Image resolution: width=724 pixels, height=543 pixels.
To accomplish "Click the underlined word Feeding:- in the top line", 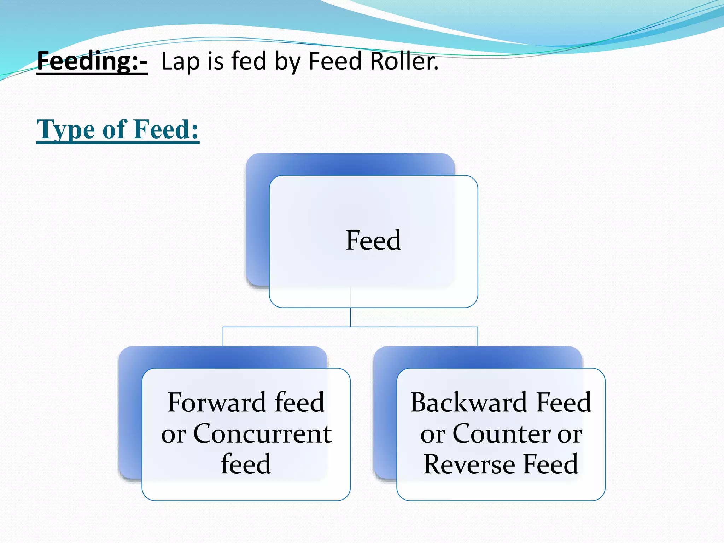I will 92,61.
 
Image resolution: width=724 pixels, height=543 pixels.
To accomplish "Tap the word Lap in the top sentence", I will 180,62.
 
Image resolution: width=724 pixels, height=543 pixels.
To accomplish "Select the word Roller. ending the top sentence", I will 404,61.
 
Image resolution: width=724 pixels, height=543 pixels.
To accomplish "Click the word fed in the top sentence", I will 249,61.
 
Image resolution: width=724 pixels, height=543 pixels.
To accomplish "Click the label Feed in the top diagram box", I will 373,240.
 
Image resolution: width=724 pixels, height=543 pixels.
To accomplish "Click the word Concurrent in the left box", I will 262,433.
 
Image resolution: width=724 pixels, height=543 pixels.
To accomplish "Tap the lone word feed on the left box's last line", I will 246,464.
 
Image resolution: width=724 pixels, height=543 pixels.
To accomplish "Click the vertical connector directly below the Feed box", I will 350,317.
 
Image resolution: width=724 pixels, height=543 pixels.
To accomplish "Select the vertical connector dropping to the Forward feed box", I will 223,337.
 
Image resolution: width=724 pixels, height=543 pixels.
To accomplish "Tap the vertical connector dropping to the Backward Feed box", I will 478,337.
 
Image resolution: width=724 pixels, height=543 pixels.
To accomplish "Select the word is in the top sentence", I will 216,61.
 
